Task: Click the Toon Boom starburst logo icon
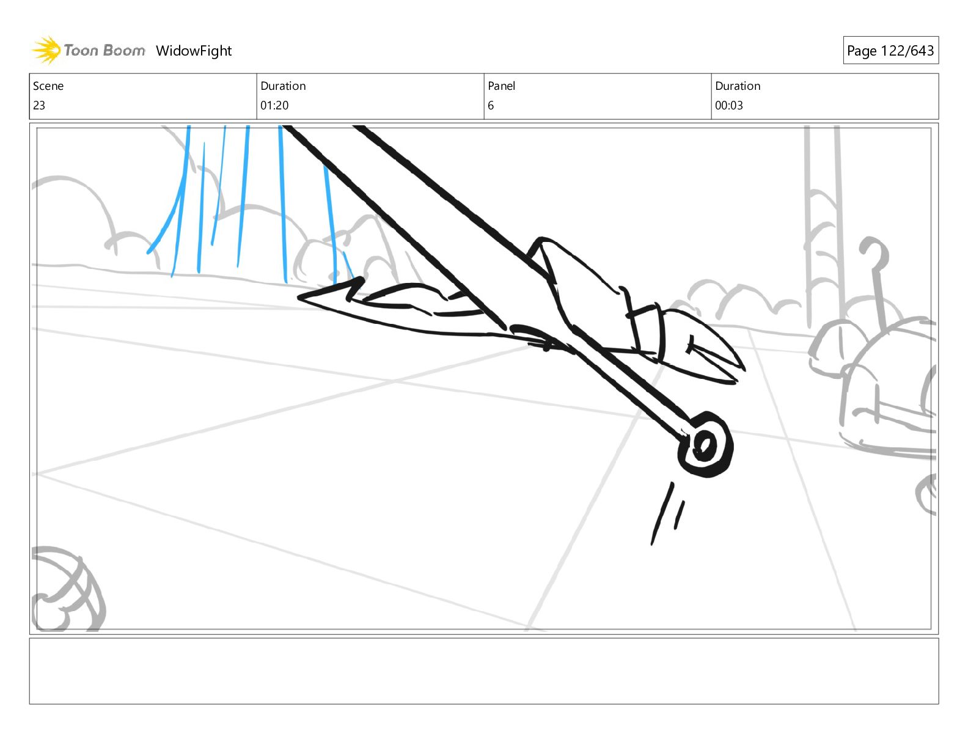coord(46,50)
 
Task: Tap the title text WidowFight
coord(194,51)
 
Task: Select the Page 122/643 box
coord(890,50)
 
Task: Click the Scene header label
coord(48,86)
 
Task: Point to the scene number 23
coord(39,105)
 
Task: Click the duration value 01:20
coord(274,105)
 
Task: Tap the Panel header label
coord(502,86)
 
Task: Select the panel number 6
coord(491,105)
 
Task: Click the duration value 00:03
coord(729,105)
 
